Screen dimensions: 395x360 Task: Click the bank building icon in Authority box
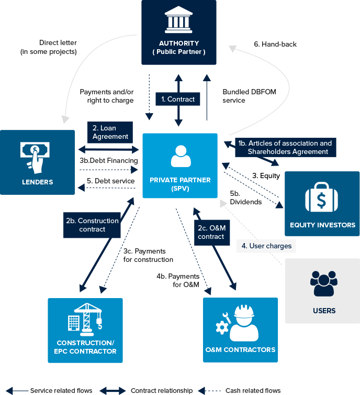[x=178, y=20]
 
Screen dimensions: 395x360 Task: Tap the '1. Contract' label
[x=178, y=99]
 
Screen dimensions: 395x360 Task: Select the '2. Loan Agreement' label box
[x=110, y=132]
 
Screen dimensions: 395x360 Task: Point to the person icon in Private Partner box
[x=179, y=156]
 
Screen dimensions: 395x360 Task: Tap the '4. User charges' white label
[x=266, y=245]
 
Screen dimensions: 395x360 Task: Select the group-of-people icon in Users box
[x=324, y=283]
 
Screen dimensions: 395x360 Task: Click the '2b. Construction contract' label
[x=92, y=225]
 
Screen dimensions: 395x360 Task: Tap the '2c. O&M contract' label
[x=211, y=232]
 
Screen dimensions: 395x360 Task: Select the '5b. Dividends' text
[x=245, y=198]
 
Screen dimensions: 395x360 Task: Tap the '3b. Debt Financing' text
[x=109, y=160]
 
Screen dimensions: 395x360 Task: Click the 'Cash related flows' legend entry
[x=253, y=390]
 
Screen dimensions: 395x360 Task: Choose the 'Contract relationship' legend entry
[x=161, y=390]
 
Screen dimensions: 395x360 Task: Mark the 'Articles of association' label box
[x=285, y=147]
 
